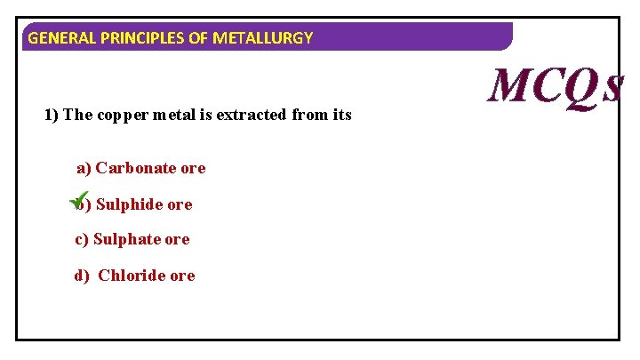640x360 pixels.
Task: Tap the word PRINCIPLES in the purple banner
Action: click(132, 38)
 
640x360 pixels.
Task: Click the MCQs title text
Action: click(556, 85)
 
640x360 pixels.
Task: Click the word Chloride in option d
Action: click(131, 276)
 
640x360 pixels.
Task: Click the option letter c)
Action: click(81, 239)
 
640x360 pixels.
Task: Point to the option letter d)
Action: click(82, 276)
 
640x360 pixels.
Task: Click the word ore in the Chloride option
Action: click(182, 276)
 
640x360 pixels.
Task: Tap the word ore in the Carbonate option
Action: click(192, 168)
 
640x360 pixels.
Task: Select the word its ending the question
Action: click(340, 115)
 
